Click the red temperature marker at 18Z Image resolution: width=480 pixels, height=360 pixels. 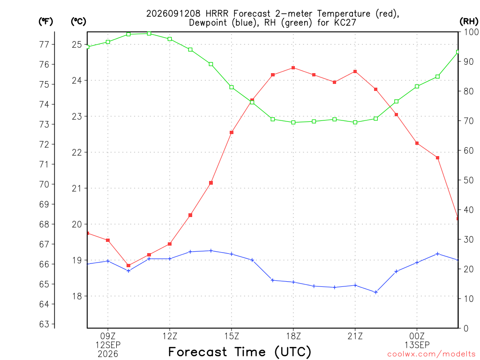(x=293, y=67)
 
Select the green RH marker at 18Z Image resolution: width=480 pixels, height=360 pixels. (x=293, y=122)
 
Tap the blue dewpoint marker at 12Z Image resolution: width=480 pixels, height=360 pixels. (x=170, y=259)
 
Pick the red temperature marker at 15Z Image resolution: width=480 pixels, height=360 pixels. (x=232, y=133)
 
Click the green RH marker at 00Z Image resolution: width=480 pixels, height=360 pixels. (x=417, y=87)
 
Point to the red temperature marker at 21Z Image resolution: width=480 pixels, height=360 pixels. (x=355, y=72)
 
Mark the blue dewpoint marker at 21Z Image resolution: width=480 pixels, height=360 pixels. (x=355, y=285)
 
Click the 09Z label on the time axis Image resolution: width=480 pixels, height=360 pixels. (x=108, y=337)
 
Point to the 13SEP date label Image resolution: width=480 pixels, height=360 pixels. (x=417, y=345)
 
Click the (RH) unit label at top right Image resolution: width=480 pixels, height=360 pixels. (x=469, y=21)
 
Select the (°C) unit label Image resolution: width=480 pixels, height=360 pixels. (x=78, y=21)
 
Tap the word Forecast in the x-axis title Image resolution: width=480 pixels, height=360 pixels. (x=197, y=352)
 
